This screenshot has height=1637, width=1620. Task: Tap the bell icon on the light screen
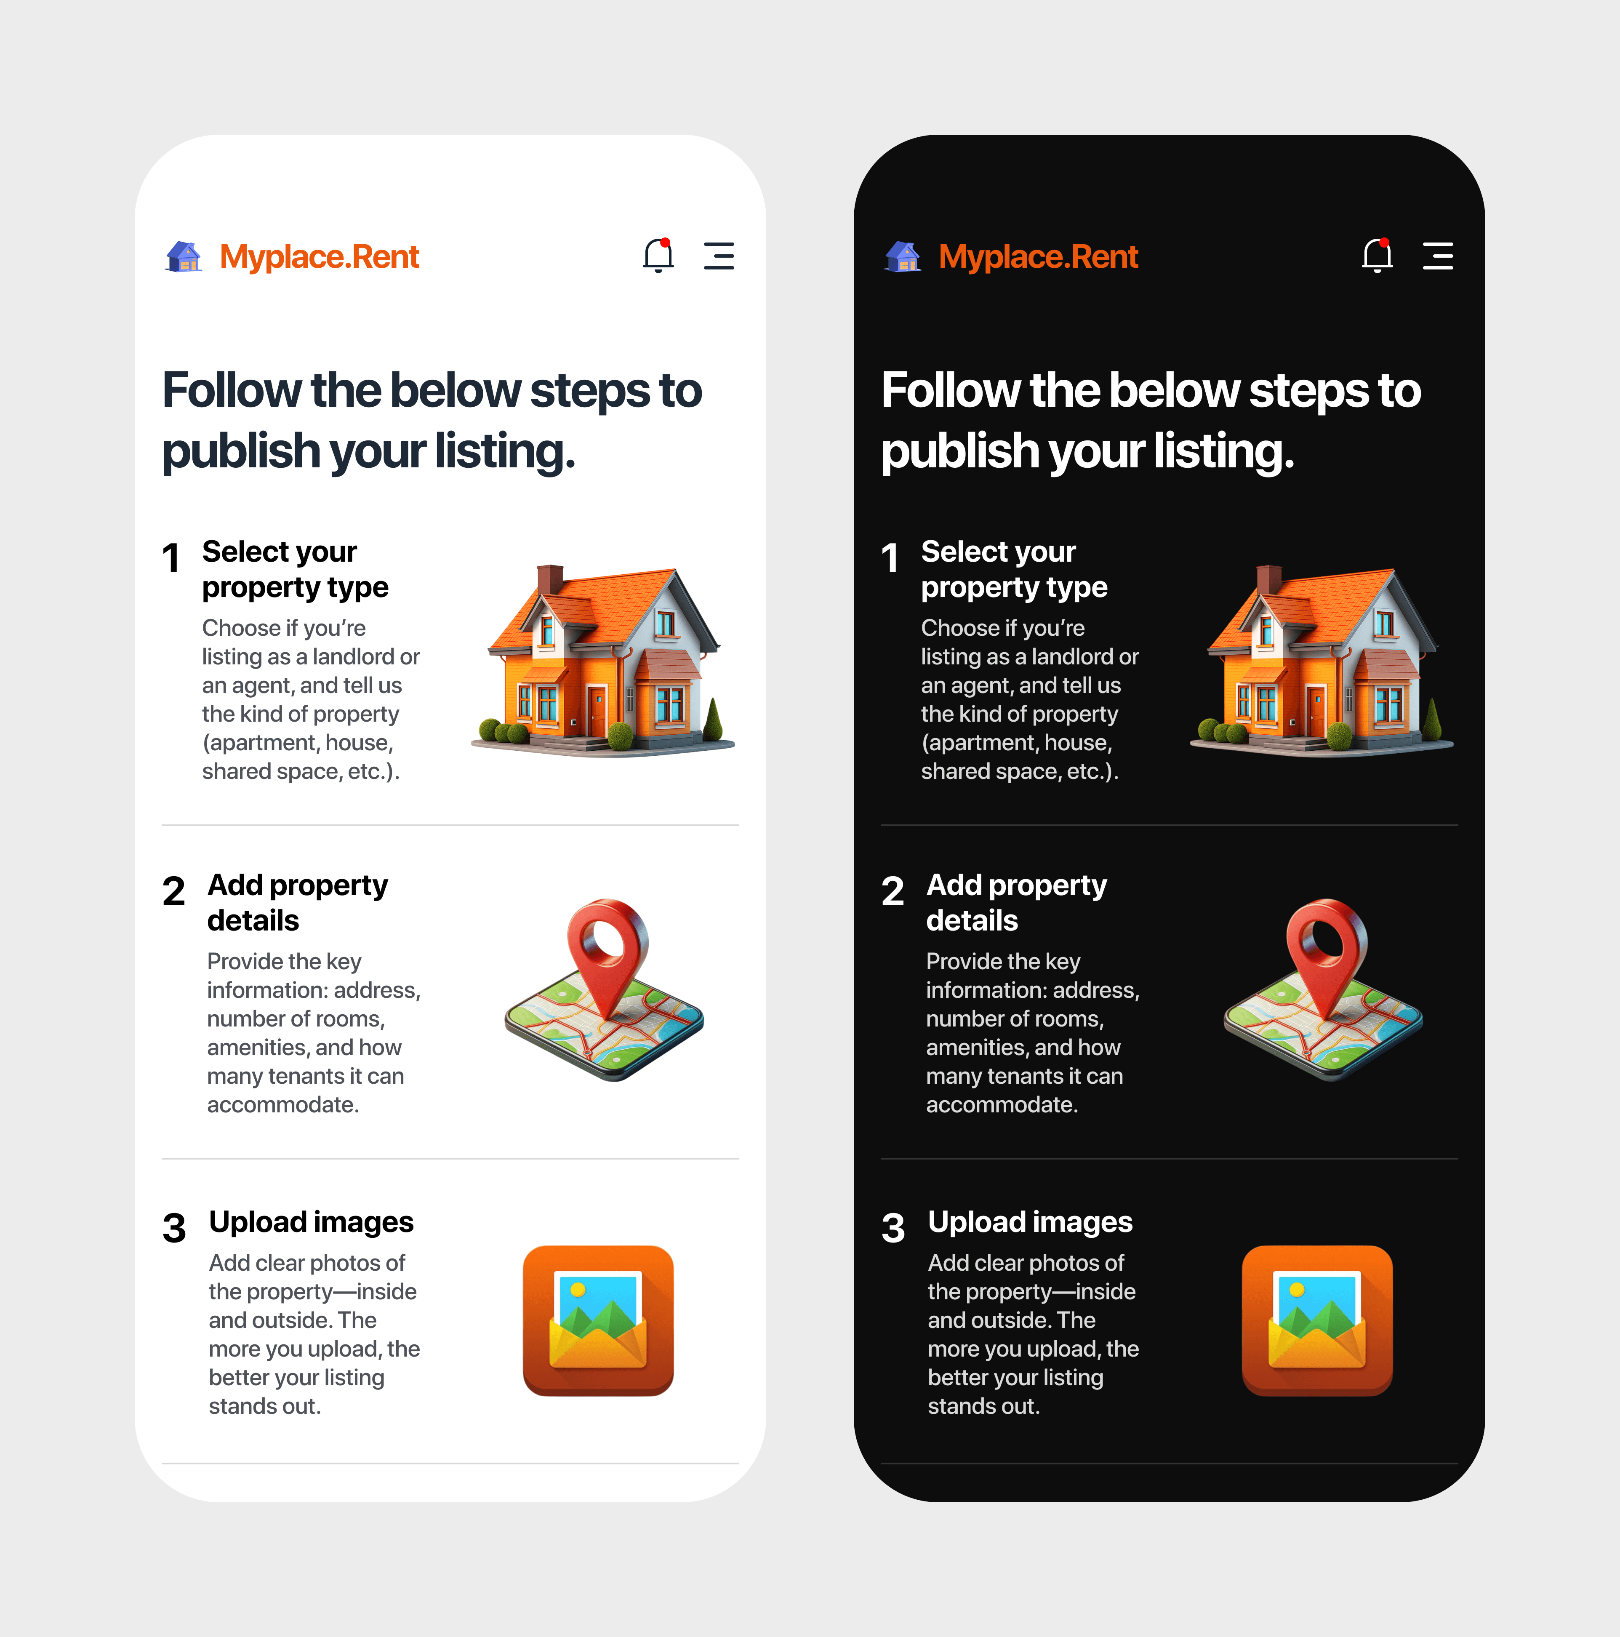coord(658,255)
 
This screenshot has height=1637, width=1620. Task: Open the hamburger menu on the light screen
coord(719,256)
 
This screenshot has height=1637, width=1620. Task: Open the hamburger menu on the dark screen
coord(1438,256)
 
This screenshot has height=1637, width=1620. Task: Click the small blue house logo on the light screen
coord(184,256)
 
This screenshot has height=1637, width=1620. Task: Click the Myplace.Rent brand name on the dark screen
coord(1038,257)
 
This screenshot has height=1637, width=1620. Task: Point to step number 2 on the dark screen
coord(892,891)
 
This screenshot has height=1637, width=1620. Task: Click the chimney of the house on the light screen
coord(550,581)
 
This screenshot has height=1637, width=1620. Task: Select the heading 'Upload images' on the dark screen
coord(1030,1222)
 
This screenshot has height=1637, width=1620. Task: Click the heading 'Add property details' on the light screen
coord(297,902)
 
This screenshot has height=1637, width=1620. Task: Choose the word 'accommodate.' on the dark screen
coord(1002,1105)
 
